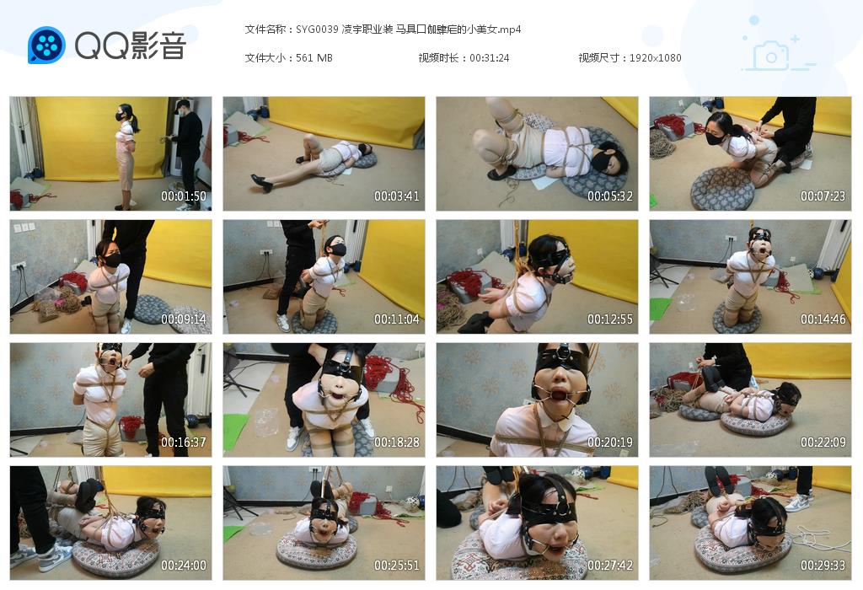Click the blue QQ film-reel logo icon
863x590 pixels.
[46, 45]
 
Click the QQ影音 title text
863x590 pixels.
[130, 46]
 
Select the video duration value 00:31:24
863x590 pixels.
[490, 58]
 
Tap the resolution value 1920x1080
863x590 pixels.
[655, 58]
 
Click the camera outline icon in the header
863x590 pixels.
[770, 56]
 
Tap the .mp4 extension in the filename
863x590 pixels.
[509, 29]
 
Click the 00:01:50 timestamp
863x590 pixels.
[184, 196]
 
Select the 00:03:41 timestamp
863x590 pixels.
[397, 196]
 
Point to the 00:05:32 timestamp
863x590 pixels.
[610, 196]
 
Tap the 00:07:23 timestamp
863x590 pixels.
[823, 196]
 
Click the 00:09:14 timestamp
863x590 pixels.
[184, 319]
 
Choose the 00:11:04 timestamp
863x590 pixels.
[397, 319]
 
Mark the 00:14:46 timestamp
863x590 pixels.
[823, 319]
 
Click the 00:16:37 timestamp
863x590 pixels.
[184, 442]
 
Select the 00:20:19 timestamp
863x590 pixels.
[610, 442]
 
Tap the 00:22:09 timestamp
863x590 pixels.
[823, 442]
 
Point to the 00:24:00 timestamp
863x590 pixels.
[184, 566]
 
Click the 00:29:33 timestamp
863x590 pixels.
[823, 566]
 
